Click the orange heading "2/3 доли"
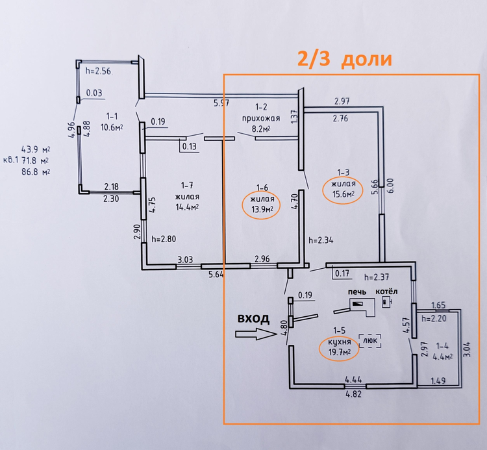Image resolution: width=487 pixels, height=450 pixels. pyautogui.click(x=344, y=58)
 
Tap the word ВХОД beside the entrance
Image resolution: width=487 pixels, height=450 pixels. pyautogui.click(x=253, y=319)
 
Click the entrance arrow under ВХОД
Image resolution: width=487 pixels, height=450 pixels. pyautogui.click(x=256, y=334)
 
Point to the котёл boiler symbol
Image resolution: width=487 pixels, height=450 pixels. pyautogui.click(x=387, y=302)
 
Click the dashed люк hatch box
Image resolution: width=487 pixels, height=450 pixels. pyautogui.click(x=370, y=341)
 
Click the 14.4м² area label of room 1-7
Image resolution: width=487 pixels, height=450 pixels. pyautogui.click(x=187, y=207)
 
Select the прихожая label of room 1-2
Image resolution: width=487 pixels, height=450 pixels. pyautogui.click(x=261, y=118)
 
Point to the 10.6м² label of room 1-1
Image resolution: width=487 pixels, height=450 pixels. pyautogui.click(x=112, y=127)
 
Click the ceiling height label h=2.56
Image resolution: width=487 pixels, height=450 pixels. pyautogui.click(x=98, y=71)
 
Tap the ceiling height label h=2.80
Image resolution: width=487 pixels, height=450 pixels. pyautogui.click(x=164, y=239)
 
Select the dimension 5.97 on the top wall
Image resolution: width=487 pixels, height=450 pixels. pyautogui.click(x=221, y=103)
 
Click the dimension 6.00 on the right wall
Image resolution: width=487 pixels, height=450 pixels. pyautogui.click(x=390, y=186)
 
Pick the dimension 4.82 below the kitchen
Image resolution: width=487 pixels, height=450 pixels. pyautogui.click(x=354, y=394)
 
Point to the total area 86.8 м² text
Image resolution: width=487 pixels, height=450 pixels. pyautogui.click(x=36, y=171)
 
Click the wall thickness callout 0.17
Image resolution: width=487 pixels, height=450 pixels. pyautogui.click(x=342, y=273)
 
